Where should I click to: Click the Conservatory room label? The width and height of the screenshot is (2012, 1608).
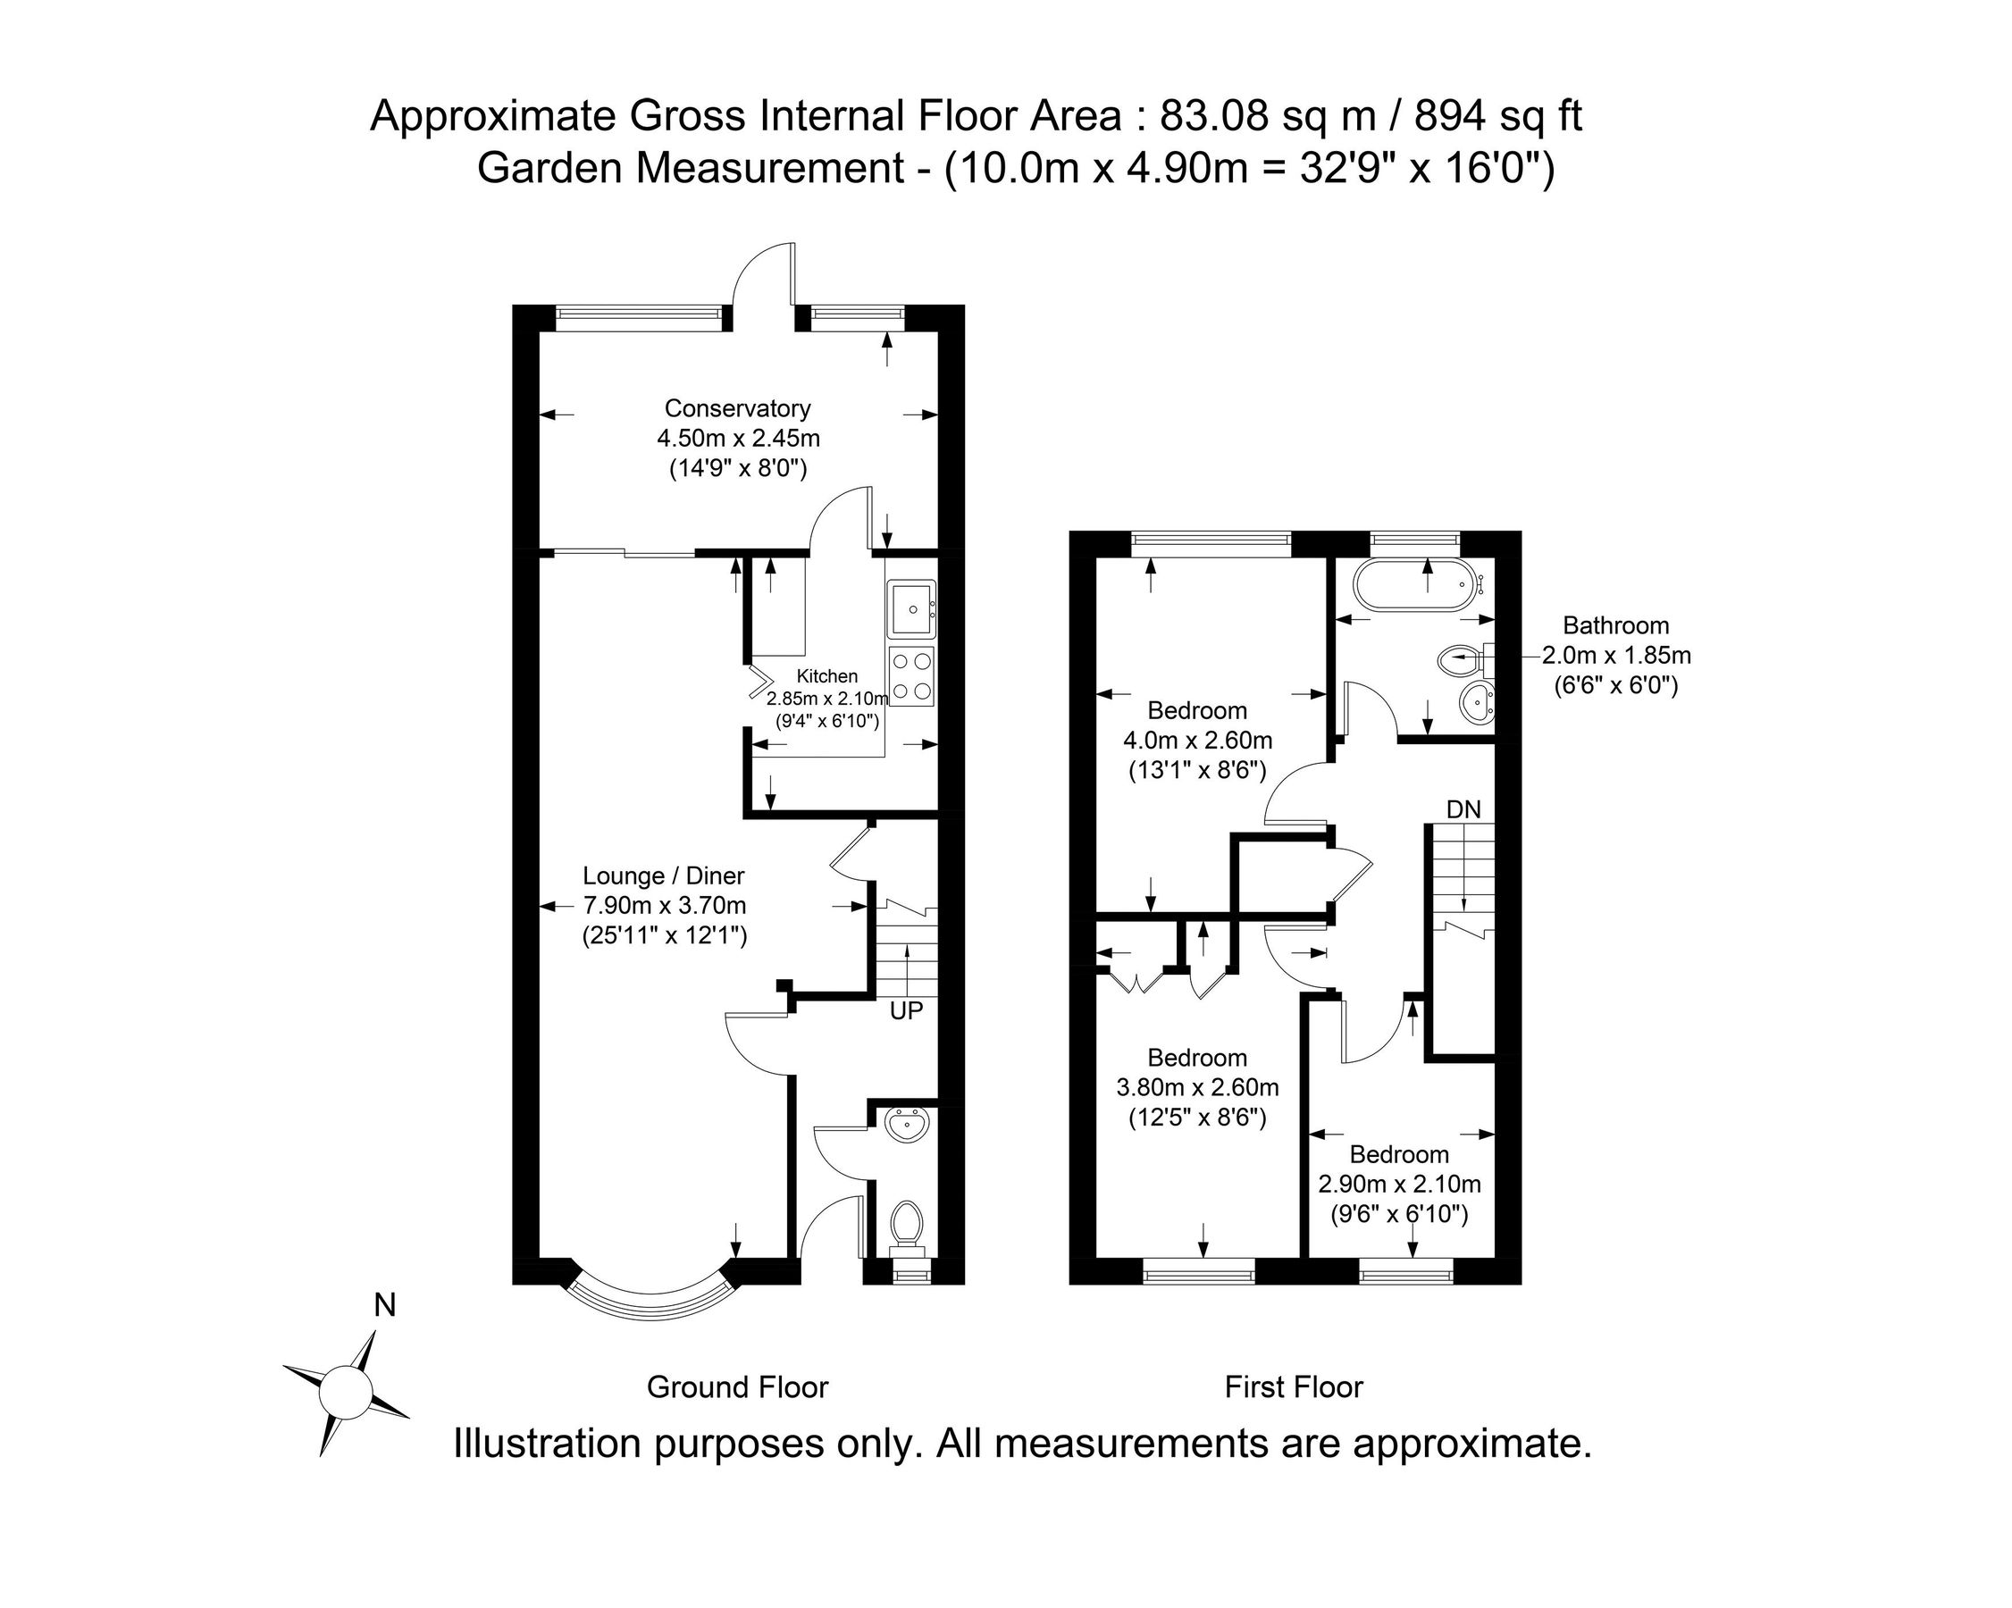coord(737,408)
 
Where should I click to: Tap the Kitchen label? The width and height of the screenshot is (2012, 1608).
coord(826,676)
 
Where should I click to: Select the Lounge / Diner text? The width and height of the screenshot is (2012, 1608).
coord(664,875)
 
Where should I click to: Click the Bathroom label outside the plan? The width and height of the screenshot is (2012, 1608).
coord(1615,625)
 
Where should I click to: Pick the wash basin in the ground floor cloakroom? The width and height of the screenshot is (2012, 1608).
coord(907,1126)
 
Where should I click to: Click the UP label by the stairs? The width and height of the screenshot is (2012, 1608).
coord(906,1009)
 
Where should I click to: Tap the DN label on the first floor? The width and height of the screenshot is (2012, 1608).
coord(1463,809)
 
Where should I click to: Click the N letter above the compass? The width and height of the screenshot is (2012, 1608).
coord(384,1304)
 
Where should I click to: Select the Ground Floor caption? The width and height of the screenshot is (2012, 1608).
coord(737,1387)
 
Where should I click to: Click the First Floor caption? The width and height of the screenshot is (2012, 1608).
coord(1294,1387)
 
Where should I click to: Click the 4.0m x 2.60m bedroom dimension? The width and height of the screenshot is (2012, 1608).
coord(1197,740)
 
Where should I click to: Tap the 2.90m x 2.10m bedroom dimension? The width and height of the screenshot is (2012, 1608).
coord(1399,1185)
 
